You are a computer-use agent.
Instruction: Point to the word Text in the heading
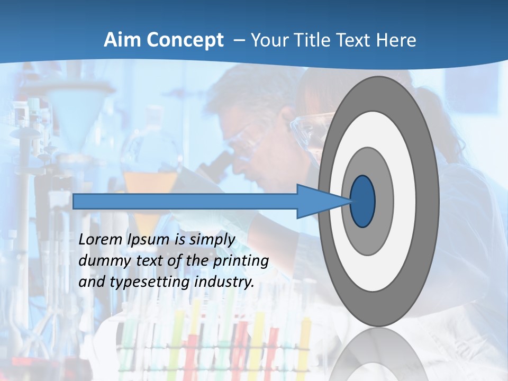(356, 40)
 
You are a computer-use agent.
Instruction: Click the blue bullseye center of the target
(363, 201)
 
